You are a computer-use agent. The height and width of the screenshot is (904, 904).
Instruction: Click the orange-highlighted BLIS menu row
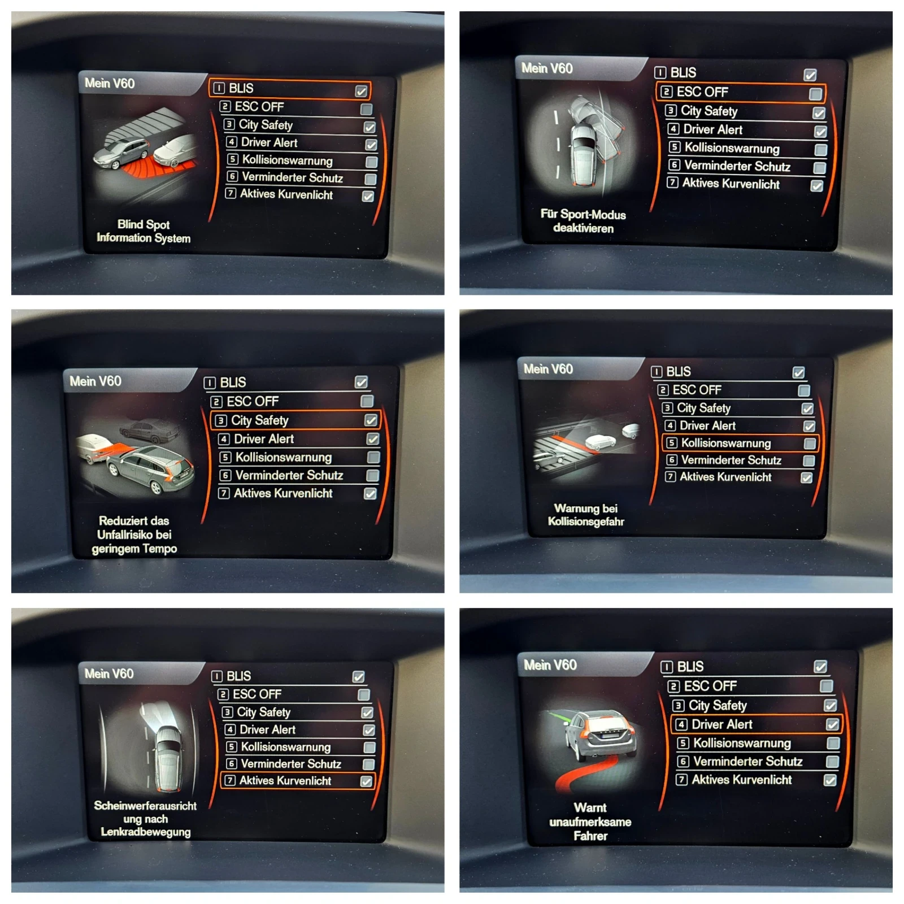290,89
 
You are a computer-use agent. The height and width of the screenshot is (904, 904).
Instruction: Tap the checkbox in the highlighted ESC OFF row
815,93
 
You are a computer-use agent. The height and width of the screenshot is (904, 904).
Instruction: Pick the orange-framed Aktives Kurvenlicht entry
297,781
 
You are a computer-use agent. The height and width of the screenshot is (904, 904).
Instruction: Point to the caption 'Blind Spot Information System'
144,231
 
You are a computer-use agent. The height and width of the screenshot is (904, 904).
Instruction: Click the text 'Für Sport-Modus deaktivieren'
583,221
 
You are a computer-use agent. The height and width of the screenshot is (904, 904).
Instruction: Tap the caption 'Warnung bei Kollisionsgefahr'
586,515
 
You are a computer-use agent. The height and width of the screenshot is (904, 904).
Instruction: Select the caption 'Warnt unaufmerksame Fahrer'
590,822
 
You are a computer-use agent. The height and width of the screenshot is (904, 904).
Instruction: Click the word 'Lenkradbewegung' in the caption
146,832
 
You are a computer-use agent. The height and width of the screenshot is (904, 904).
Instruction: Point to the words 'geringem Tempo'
134,549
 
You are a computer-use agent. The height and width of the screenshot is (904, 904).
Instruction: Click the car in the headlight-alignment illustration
168,757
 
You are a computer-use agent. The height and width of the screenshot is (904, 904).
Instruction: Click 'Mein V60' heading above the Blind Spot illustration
110,84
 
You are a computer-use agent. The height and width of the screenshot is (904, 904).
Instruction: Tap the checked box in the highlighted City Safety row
371,420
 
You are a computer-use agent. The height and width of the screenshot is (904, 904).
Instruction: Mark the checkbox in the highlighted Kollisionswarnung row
810,444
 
